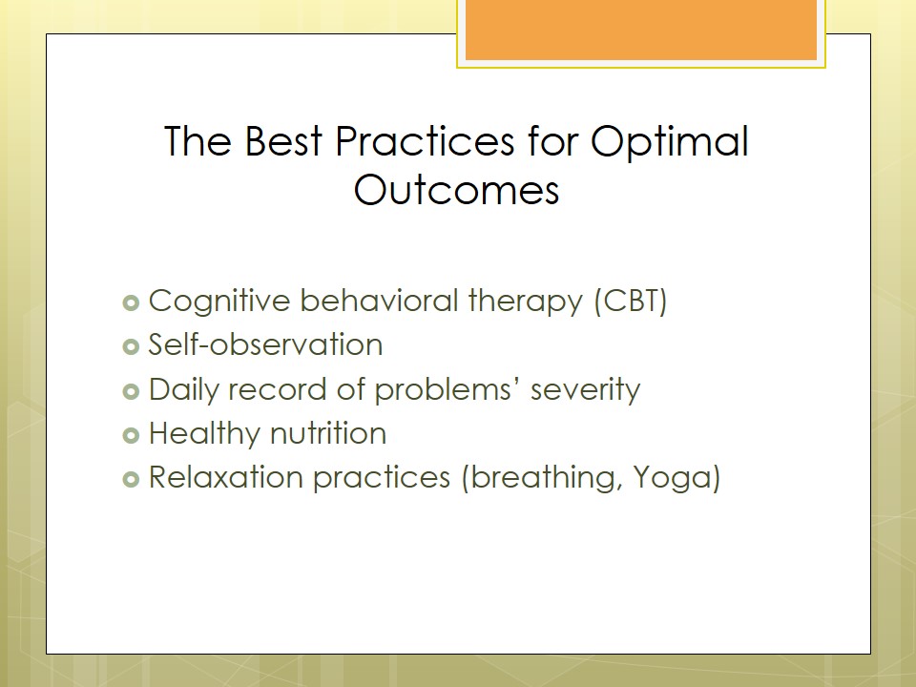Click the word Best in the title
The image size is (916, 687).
(x=283, y=141)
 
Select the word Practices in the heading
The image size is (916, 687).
(x=425, y=141)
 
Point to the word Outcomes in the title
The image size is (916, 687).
(x=456, y=190)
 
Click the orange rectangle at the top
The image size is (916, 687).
(x=641, y=30)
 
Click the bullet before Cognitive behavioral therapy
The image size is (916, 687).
(x=131, y=302)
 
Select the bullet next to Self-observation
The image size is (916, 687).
(x=131, y=347)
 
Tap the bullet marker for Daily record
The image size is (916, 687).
(x=131, y=391)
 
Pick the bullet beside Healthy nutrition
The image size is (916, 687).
(x=131, y=435)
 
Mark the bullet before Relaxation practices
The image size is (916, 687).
(x=131, y=480)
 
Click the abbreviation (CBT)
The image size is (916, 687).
(x=631, y=302)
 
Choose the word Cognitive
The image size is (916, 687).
(x=219, y=302)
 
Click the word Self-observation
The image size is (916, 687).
(x=266, y=344)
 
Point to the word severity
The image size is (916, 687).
(x=585, y=390)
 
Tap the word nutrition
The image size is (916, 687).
(x=328, y=433)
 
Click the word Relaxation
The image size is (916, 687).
(x=225, y=477)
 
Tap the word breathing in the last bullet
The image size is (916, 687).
(x=545, y=478)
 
